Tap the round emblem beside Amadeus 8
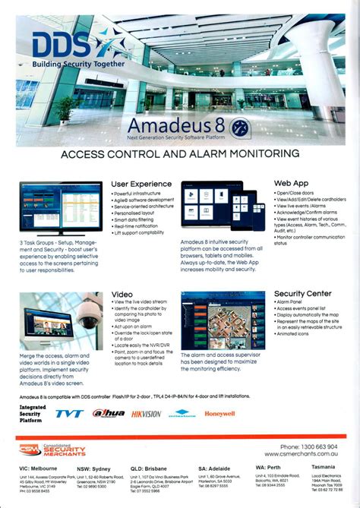click(244, 125)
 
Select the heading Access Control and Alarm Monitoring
click(180, 153)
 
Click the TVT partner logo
click(70, 415)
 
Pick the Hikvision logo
click(146, 415)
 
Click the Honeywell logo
click(219, 414)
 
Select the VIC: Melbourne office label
click(39, 469)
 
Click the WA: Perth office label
click(271, 468)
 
